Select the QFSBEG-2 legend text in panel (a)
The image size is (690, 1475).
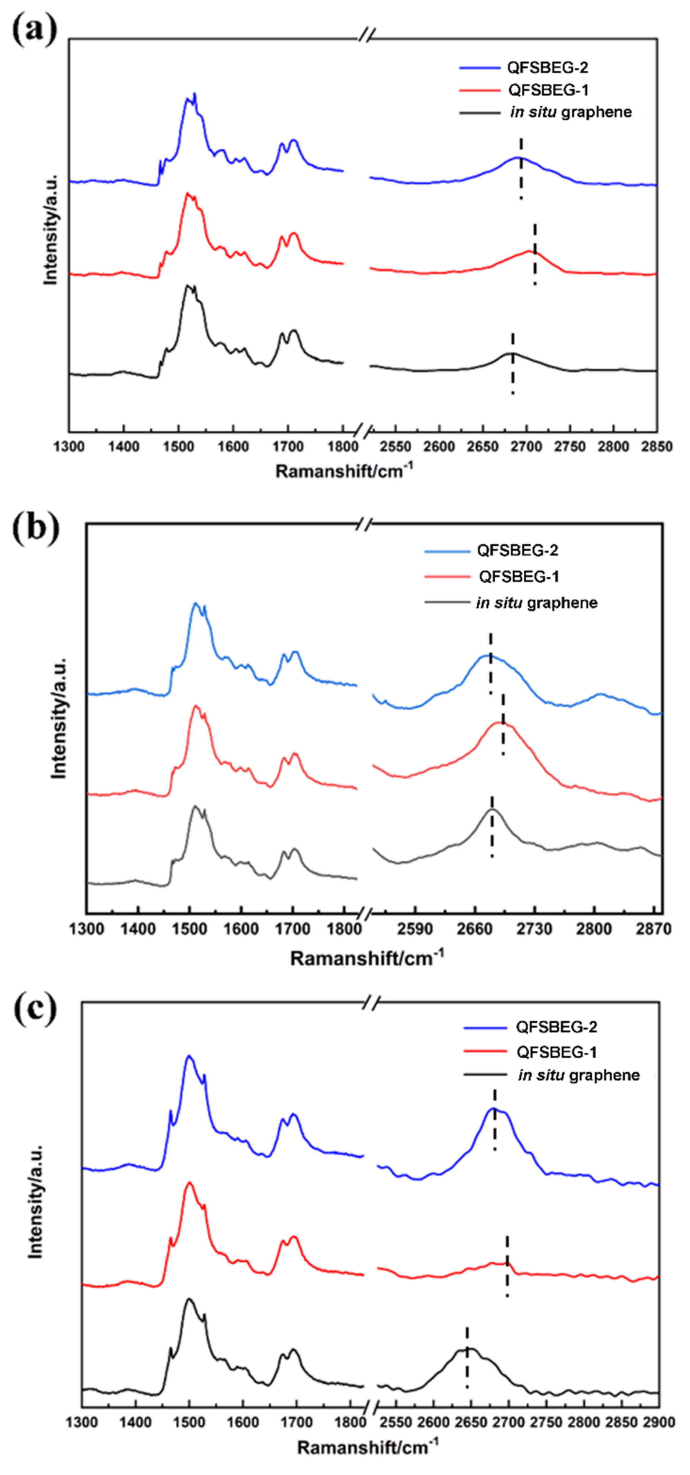547,68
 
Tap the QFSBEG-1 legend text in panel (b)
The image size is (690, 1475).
519,576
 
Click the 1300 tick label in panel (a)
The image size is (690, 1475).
69,446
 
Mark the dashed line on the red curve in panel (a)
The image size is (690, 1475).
535,254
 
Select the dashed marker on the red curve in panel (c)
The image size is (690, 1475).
507,1257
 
